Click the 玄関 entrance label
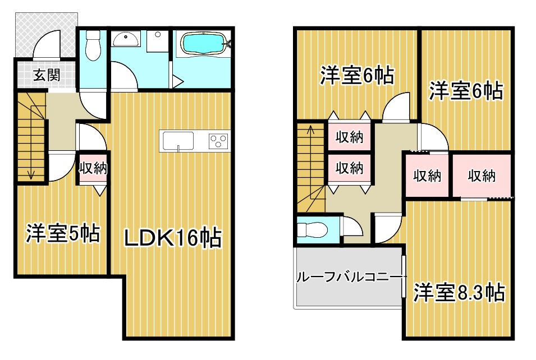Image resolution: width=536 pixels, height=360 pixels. [47, 75]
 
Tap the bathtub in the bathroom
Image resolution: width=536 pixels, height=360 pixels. [204, 44]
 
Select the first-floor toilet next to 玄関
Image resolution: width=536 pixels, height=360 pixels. [92, 45]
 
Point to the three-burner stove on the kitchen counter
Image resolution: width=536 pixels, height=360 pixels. [218, 141]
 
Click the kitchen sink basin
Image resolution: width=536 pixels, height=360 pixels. [178, 141]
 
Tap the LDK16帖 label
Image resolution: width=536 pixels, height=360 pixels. [172, 238]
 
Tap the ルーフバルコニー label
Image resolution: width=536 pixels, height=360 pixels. [348, 276]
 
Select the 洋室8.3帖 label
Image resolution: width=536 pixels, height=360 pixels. [459, 292]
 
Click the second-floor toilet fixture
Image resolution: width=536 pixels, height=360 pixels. [312, 230]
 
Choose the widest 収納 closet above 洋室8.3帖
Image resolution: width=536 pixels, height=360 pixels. [482, 176]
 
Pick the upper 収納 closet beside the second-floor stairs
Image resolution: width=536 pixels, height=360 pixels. [349, 137]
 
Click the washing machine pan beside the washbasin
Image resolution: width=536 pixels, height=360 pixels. [157, 41]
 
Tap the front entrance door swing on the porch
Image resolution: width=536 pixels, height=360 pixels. [47, 44]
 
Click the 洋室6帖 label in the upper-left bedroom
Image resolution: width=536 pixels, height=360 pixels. [357, 75]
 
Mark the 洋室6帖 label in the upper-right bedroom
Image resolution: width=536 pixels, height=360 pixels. [466, 90]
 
